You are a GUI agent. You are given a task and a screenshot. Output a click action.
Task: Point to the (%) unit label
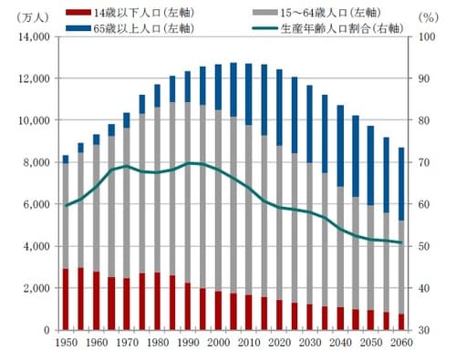click(428, 17)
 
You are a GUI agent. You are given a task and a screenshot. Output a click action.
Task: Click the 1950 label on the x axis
click(67, 344)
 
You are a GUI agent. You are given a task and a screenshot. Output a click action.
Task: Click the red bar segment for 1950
click(66, 299)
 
